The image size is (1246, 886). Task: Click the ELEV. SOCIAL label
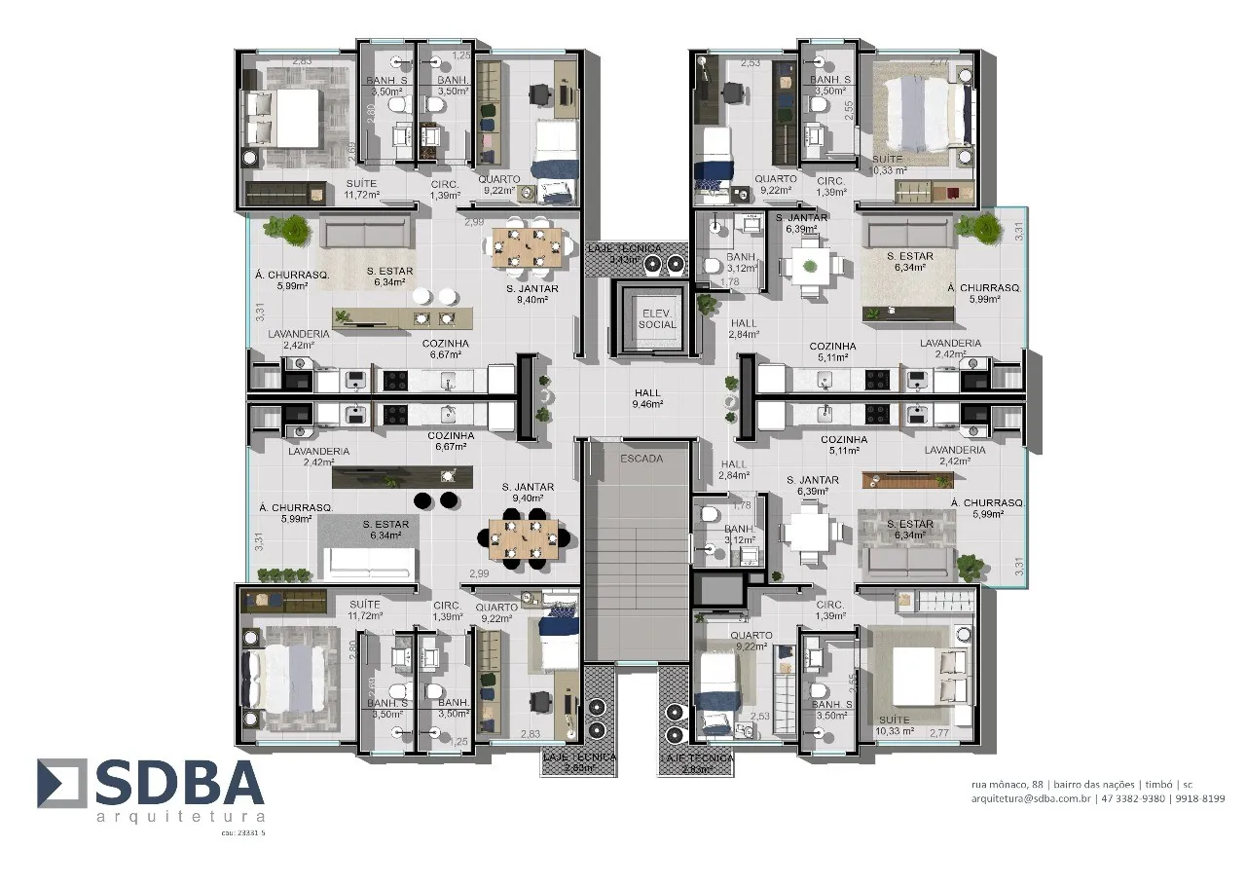(657, 318)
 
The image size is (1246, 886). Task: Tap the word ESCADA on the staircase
(641, 458)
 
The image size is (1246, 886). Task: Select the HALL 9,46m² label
(646, 398)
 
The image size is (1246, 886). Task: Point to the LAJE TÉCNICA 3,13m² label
(625, 254)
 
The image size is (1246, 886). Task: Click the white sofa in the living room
(370, 561)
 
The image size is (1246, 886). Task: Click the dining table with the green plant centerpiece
(809, 266)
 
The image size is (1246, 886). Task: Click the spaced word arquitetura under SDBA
(181, 816)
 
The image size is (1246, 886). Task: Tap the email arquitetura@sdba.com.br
(1031, 798)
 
